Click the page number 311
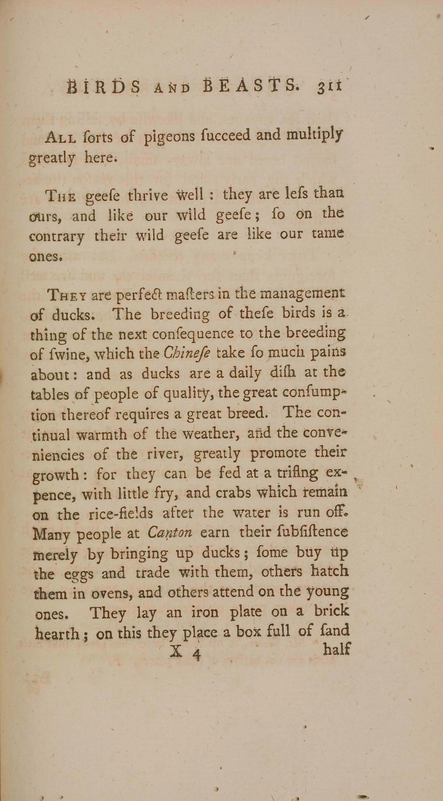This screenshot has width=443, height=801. [x=329, y=86]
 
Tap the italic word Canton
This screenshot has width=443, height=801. [x=170, y=533]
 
